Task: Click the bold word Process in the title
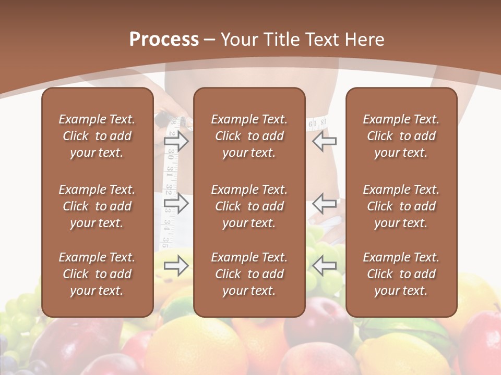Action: [x=164, y=40]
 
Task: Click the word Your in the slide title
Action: [x=239, y=40]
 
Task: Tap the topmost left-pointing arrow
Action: [x=325, y=141]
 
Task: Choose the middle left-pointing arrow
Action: [x=325, y=203]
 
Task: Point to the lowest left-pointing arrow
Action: [x=325, y=266]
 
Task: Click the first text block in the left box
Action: [x=97, y=136]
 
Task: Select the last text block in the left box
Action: [x=97, y=274]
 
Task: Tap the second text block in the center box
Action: [x=249, y=206]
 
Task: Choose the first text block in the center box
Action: [x=249, y=136]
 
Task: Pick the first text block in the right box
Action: [x=401, y=136]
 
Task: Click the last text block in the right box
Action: [x=401, y=274]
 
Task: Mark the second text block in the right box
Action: [x=401, y=206]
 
